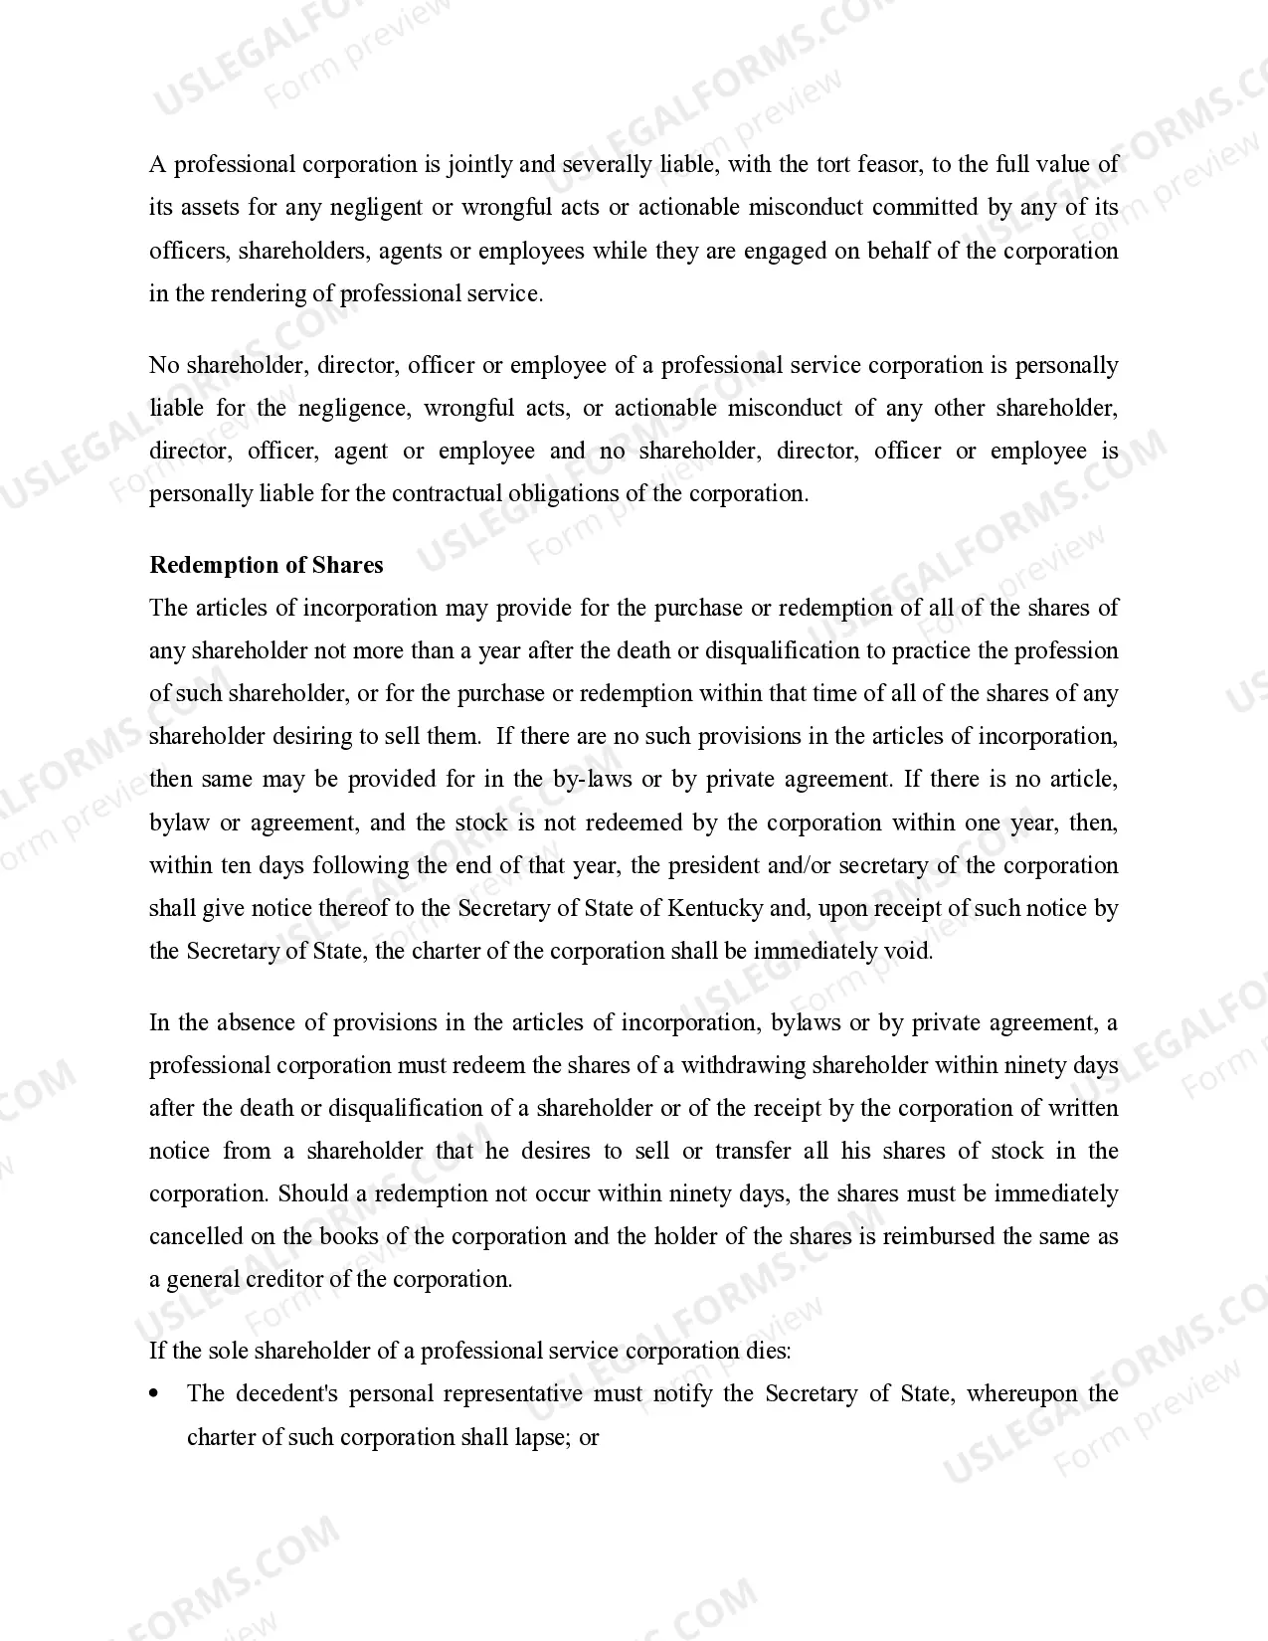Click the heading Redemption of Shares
266,565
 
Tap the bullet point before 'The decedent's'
154,1394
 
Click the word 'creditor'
282,1279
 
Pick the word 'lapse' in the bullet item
537,1437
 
